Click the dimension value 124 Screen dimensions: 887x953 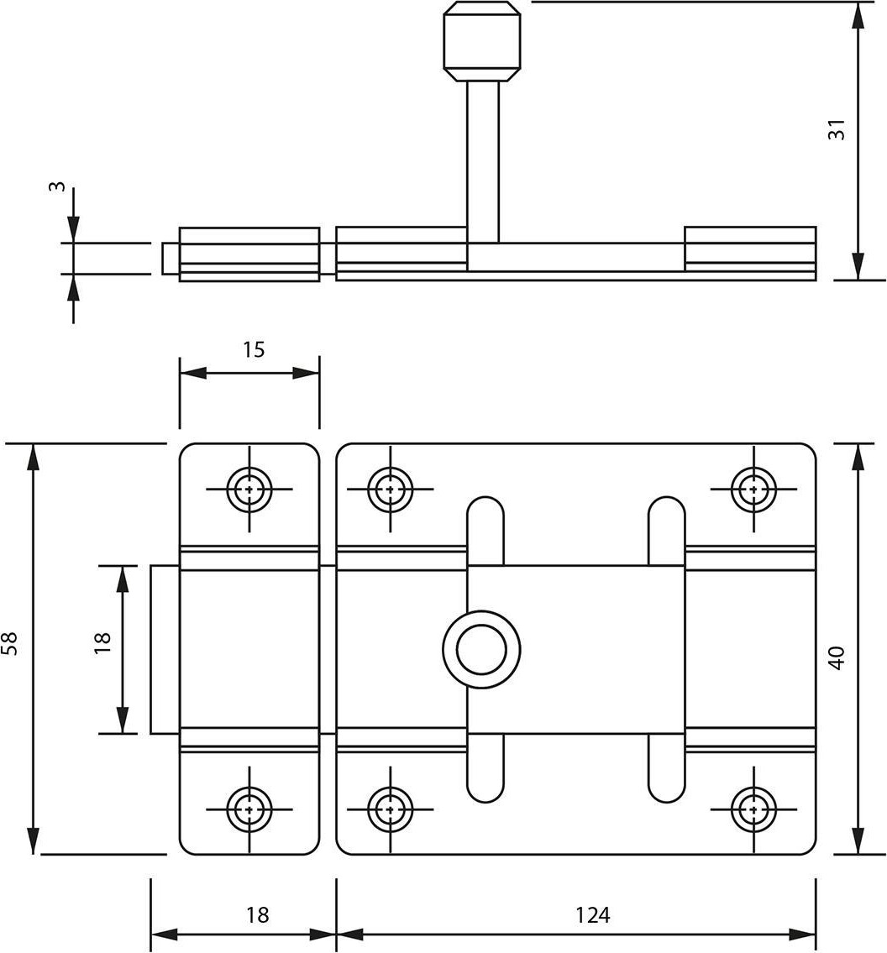pos(592,914)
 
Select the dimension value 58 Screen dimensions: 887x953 pos(11,644)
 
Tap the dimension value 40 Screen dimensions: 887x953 pos(837,658)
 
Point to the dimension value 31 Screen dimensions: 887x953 pos(837,129)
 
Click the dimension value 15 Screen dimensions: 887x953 pos(254,350)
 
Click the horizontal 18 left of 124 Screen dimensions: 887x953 pos(257,914)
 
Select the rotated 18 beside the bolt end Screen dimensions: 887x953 pos(102,642)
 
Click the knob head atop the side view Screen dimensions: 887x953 pos(482,41)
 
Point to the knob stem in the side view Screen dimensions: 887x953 pos(483,162)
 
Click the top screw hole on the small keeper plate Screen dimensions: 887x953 pos(249,489)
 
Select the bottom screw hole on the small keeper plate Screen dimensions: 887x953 pos(249,809)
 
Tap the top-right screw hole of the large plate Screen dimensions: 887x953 pos(753,489)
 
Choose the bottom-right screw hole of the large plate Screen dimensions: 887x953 pos(753,809)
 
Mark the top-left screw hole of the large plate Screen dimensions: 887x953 pos(391,489)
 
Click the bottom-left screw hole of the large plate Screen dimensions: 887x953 pos(391,809)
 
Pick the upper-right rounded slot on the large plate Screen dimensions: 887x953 pos(667,531)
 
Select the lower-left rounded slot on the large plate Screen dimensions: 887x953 pos(485,768)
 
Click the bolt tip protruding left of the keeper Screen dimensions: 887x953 pos(165,650)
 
